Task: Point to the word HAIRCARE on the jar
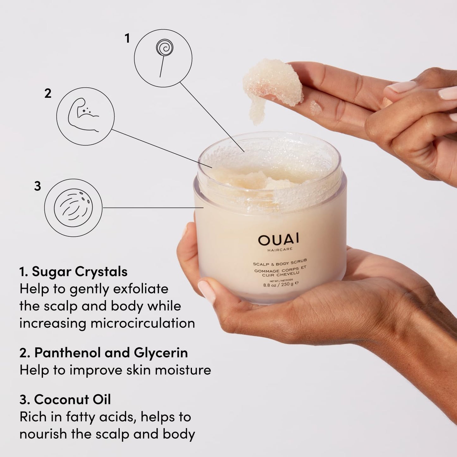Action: [x=280, y=250]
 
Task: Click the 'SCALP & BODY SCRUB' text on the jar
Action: [x=280, y=262]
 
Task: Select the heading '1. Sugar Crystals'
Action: [x=73, y=272]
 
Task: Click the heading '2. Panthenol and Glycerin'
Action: [x=103, y=353]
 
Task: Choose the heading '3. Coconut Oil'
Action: [x=65, y=399]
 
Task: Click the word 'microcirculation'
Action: [x=143, y=324]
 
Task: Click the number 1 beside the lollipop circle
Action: [x=127, y=39]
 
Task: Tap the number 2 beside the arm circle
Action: [x=48, y=93]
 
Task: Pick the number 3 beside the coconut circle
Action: [x=38, y=186]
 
